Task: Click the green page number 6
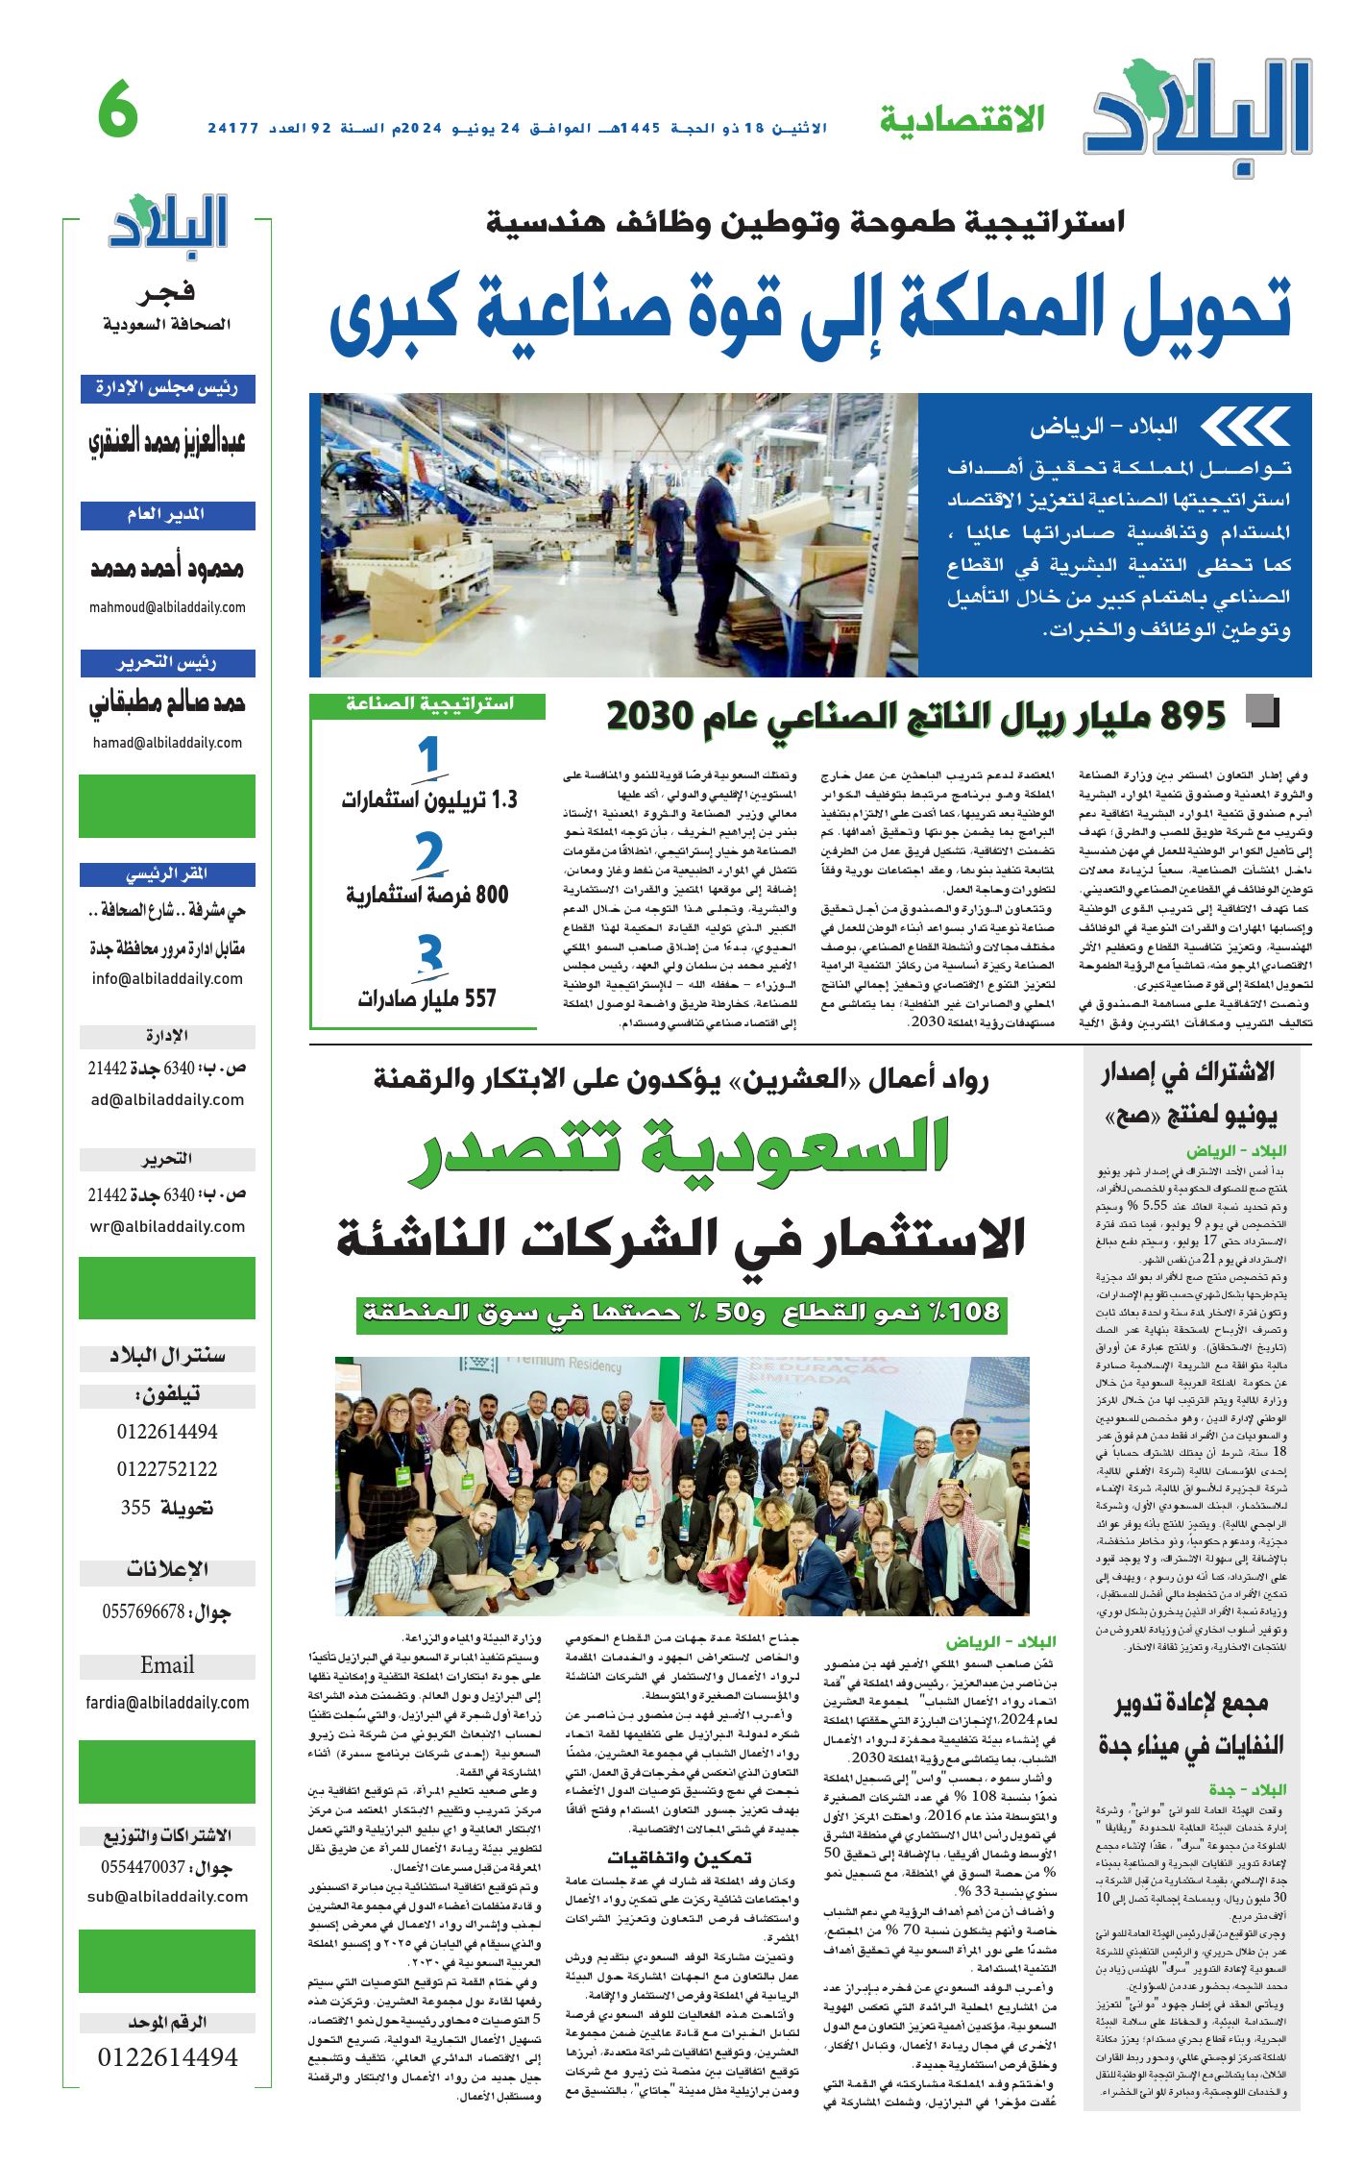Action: [118, 112]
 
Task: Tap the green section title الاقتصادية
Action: [962, 120]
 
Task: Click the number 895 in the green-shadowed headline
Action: [1193, 716]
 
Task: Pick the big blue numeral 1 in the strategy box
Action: [428, 756]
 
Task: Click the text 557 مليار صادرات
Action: [427, 998]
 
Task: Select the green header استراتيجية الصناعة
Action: [429, 704]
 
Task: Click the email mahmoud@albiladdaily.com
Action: [167, 607]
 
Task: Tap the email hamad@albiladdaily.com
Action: [167, 743]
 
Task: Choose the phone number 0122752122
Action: [167, 1469]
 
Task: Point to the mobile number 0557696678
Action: [143, 1611]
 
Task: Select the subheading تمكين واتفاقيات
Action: [679, 1857]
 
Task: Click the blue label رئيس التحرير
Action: [167, 663]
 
